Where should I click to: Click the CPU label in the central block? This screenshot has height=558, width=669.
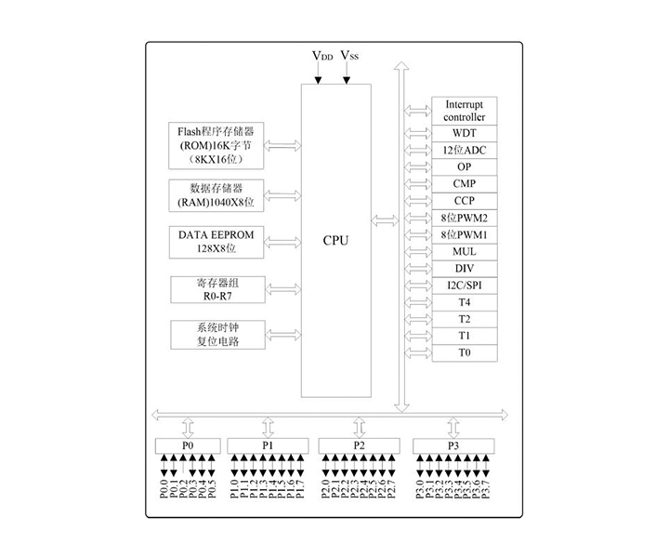[x=335, y=240]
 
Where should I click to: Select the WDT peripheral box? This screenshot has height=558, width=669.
[x=465, y=133]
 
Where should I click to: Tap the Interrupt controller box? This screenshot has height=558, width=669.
[x=465, y=111]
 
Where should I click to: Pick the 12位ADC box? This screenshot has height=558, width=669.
[x=465, y=150]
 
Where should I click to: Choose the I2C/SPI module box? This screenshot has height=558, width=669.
[x=465, y=286]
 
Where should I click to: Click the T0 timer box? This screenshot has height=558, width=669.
[x=465, y=353]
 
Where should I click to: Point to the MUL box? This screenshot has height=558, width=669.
[x=465, y=252]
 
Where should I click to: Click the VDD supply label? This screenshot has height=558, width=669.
[x=321, y=57]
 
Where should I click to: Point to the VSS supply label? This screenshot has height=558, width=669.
[x=349, y=57]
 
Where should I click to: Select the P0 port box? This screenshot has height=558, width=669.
[x=188, y=446]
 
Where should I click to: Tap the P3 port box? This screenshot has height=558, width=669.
[x=453, y=446]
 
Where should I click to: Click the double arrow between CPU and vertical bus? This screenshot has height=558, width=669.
[x=383, y=220]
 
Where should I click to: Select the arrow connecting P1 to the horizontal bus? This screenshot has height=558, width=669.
[x=268, y=427]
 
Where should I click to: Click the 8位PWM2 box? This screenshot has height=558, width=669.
[x=465, y=218]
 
